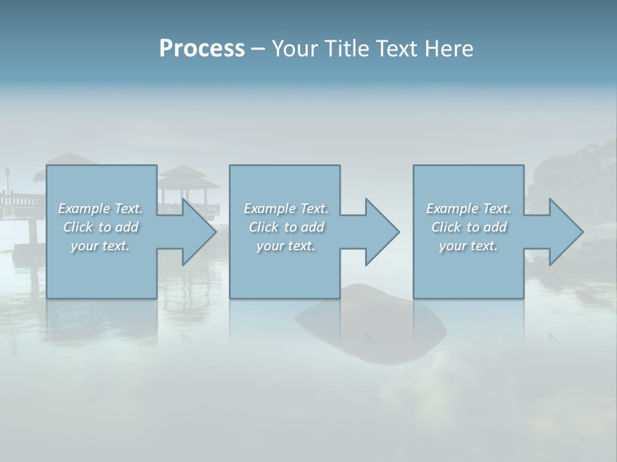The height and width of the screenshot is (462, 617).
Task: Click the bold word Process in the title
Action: (202, 49)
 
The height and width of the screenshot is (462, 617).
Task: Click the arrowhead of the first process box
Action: (199, 232)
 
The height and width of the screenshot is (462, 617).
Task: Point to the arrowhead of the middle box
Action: (382, 232)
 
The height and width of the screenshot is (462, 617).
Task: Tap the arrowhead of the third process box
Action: (566, 232)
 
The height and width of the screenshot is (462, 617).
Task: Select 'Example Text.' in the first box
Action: (100, 209)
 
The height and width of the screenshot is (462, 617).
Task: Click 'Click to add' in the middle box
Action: (286, 227)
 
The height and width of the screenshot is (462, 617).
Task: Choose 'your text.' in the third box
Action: (469, 246)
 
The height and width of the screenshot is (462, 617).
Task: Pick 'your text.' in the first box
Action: (100, 246)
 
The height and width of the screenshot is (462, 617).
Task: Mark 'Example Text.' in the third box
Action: (469, 209)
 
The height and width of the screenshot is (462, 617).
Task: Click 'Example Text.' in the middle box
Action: (286, 209)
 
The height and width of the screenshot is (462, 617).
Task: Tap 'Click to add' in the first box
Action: (100, 227)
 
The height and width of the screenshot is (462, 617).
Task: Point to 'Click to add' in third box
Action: (469, 227)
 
